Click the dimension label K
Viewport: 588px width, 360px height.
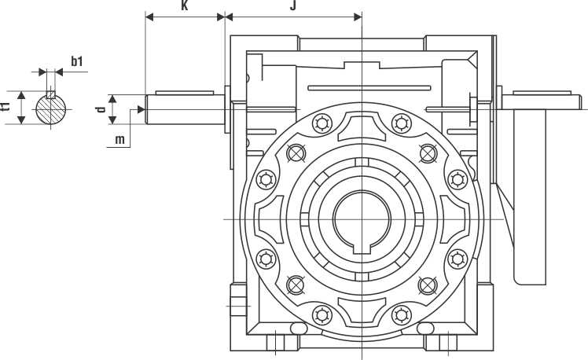tap(184, 6)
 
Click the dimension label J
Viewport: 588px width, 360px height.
tap(292, 6)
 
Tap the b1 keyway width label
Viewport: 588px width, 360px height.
tap(77, 61)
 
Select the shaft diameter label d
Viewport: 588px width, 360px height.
tap(101, 108)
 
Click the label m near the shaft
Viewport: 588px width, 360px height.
tap(119, 140)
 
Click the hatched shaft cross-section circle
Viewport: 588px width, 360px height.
tap(53, 108)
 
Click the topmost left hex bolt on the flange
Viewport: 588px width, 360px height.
tap(321, 123)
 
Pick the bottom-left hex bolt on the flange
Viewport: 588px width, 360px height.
tap(321, 314)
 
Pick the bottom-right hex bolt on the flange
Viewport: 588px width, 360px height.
tap(402, 314)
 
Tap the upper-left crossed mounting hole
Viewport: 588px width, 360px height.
tap(296, 152)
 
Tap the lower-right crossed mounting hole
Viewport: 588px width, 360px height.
tap(428, 285)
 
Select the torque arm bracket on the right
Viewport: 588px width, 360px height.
tap(531, 189)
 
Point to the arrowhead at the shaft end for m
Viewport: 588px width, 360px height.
tap(143, 109)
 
